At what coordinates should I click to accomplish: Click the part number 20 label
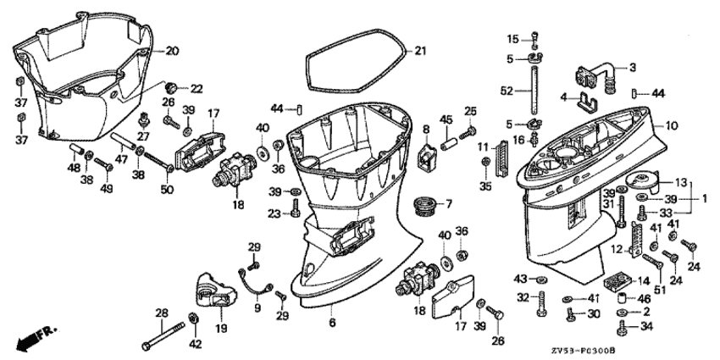172,51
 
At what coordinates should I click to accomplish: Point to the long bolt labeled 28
163,336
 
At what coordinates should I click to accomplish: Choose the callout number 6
332,323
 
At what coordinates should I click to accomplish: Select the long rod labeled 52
535,96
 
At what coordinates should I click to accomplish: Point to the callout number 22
197,89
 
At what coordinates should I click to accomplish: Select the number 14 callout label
645,280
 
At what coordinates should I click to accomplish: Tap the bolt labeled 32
542,303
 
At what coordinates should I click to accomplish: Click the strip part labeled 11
501,158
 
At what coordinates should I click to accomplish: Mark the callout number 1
705,199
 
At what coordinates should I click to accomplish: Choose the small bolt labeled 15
535,40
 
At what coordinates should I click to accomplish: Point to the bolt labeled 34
623,328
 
